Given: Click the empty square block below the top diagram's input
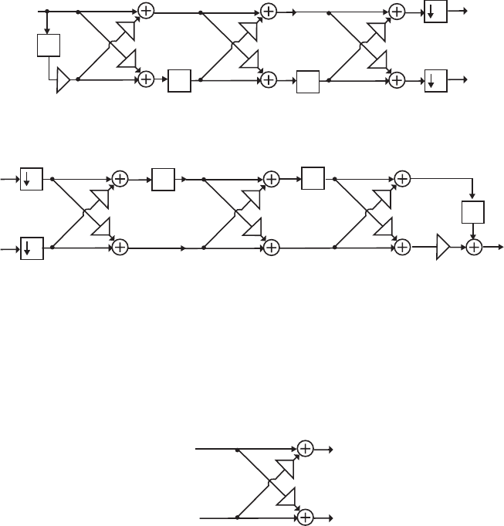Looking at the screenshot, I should pos(48,46).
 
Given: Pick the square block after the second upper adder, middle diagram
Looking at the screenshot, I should pos(313,178).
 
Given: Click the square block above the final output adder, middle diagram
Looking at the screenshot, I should pos(472,213).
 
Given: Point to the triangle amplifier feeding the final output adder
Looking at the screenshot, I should pos(442,248).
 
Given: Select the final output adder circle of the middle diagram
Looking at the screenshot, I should pos(473,248).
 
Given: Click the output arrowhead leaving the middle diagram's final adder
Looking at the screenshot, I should pos(500,248).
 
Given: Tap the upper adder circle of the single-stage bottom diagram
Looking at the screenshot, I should pos(305,448).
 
